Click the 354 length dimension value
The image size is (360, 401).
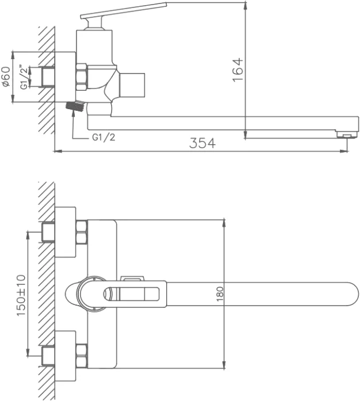pos(202,143)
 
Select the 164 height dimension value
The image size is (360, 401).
pos(238,70)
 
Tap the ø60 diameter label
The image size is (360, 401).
pos(6,76)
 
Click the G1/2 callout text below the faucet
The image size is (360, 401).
pos(104,137)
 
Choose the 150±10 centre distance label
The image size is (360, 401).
pos(21,295)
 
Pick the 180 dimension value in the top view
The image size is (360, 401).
pos(220,294)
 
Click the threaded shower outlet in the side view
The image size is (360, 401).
pos(75,106)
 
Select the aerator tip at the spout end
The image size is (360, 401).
pos(347,134)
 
